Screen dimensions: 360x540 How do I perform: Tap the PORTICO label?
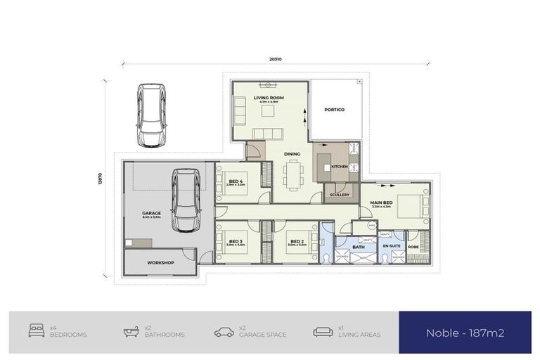(334, 110)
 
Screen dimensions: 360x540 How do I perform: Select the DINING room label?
(292, 154)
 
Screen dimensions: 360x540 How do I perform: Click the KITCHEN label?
(340, 167)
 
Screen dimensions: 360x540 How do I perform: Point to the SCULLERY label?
(339, 195)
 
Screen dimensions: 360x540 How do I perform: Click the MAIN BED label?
(381, 203)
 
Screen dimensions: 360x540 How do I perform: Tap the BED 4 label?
(236, 181)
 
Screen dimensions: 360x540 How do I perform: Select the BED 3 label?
(236, 241)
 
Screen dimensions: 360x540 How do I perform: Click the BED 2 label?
(297, 241)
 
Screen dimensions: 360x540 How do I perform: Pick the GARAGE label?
(151, 213)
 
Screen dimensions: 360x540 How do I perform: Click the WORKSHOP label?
(160, 263)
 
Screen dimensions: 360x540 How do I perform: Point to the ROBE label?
(413, 247)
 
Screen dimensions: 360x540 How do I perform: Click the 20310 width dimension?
(276, 60)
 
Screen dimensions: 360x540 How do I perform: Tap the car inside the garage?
(186, 200)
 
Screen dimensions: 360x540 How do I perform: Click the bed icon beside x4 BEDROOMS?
(37, 330)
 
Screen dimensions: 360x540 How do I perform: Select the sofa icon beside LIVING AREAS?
(323, 330)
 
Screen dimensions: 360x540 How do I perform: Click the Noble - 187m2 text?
(465, 333)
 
